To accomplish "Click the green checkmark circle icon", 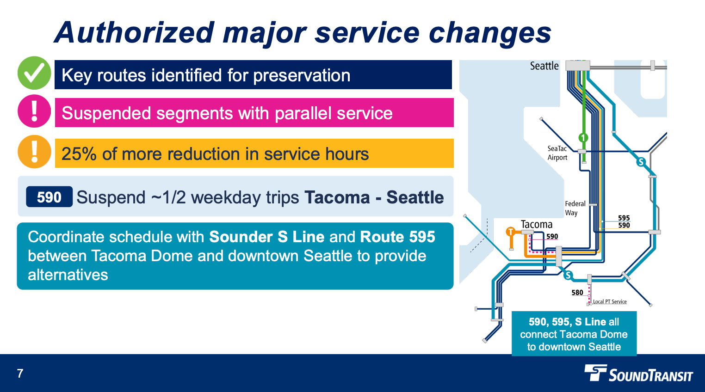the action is click(x=34, y=73).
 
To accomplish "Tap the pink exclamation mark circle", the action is click(x=34, y=111).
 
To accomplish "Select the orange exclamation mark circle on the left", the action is click(x=34, y=152).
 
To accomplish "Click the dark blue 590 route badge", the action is click(x=49, y=197).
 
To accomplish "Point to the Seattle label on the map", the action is click(x=544, y=66).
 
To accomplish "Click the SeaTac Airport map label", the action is click(x=557, y=153).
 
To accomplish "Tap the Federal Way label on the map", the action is click(x=575, y=208).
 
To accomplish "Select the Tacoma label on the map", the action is click(x=536, y=224).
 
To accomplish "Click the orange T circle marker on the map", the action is click(x=511, y=232).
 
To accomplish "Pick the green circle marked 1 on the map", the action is click(x=583, y=138).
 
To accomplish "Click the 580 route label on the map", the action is click(x=577, y=293).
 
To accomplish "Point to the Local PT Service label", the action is click(x=610, y=301).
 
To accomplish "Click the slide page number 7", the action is click(x=20, y=374).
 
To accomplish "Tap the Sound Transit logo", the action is click(x=638, y=374).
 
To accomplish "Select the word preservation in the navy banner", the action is click(x=302, y=75).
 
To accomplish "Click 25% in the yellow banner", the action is click(x=79, y=154).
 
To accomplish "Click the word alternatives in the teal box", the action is click(x=68, y=275).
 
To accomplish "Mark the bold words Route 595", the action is click(x=397, y=237).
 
